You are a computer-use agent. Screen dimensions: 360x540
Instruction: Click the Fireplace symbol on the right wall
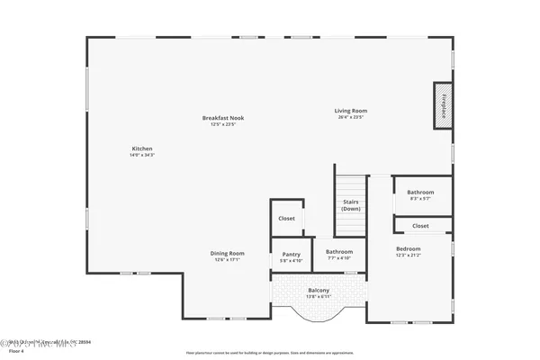tap(442, 106)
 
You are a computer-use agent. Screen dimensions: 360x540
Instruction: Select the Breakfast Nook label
tap(223, 118)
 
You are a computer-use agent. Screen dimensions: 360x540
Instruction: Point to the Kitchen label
tap(142, 148)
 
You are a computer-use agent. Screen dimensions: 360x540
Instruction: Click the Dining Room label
tap(228, 253)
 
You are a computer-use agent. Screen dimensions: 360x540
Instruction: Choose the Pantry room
tap(291, 256)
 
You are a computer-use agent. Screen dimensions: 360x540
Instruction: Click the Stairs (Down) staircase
tap(350, 204)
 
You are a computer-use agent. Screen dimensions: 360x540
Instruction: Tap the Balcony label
tap(319, 290)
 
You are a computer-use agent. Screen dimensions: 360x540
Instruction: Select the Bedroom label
tap(408, 248)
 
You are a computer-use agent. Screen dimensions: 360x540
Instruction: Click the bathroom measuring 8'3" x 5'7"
tap(420, 194)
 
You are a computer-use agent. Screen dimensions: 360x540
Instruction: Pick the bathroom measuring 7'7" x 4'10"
tap(339, 255)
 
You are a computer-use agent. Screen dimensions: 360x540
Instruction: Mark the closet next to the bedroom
tap(420, 226)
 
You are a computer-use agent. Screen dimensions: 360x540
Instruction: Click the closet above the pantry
tap(287, 219)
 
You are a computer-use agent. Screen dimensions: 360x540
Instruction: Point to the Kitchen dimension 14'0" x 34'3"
tap(142, 155)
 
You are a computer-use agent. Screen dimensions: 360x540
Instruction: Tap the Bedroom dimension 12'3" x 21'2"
tap(408, 255)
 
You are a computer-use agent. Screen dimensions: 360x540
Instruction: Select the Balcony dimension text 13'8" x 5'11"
tap(319, 296)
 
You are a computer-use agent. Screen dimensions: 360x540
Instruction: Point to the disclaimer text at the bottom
tap(269, 353)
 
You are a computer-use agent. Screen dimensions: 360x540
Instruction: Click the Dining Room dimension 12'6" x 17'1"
tap(228, 259)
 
